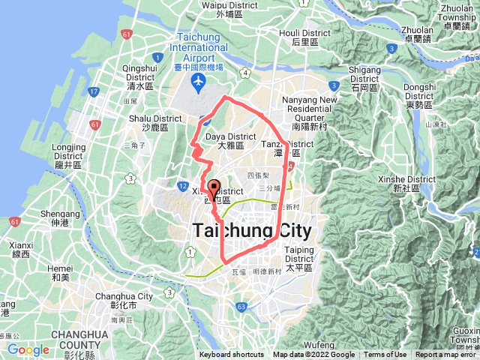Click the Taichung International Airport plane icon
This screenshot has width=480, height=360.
click(x=198, y=80)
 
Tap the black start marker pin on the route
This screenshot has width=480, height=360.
click(x=213, y=190)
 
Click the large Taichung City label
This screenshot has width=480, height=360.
click(x=254, y=231)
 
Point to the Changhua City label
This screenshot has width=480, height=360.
click(x=124, y=301)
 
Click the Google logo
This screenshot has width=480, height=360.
click(x=28, y=349)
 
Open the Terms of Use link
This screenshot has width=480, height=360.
click(x=385, y=355)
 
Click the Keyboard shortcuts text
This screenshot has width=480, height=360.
click(x=232, y=355)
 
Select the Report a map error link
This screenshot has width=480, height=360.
click(x=447, y=355)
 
